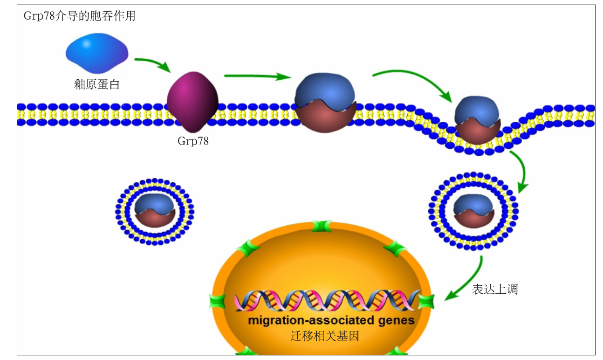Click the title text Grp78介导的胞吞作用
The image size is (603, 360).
79,16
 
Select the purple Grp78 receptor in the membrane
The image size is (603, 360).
192,101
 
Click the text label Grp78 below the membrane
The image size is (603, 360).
193,141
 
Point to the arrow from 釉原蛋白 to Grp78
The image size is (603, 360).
152,64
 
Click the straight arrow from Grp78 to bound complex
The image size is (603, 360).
256,76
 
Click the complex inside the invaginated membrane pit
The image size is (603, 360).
478,119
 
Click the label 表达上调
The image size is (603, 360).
494,290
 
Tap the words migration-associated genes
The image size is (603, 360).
331,321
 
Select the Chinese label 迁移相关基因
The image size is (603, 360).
325,336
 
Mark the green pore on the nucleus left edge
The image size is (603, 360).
218,301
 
